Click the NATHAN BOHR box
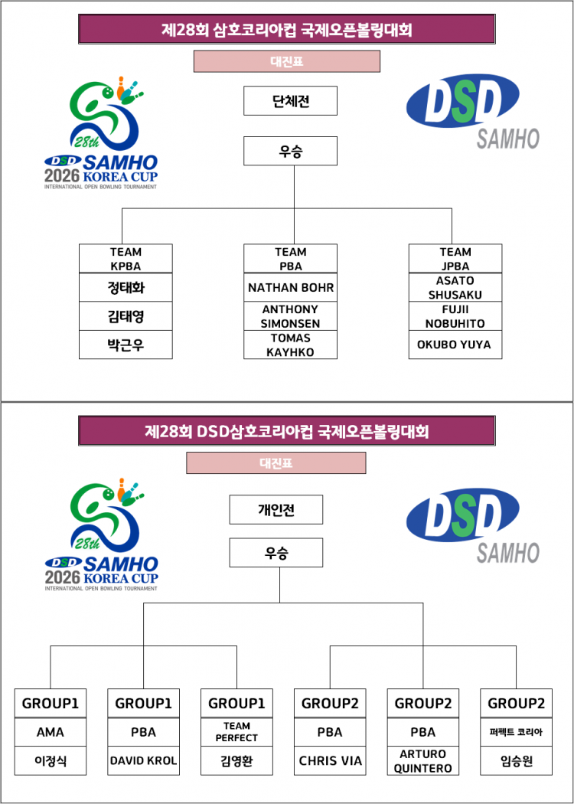(291, 287)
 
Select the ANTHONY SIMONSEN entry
(291, 316)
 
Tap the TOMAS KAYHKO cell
(291, 345)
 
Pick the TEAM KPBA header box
(126, 259)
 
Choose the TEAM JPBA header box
(455, 259)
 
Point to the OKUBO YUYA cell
(455, 345)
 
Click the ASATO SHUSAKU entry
(455, 287)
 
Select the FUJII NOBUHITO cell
(455, 316)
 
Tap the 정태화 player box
(126, 288)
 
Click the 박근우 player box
(126, 345)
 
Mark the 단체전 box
(291, 100)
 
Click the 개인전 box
(276, 510)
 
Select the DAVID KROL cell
(144, 760)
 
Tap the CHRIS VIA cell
(330, 760)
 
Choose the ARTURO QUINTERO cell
(423, 760)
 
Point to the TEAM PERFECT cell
(236, 732)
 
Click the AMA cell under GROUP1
(51, 732)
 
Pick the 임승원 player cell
(517, 760)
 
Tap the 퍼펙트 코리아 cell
(517, 732)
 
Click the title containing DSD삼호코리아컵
(287, 430)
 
